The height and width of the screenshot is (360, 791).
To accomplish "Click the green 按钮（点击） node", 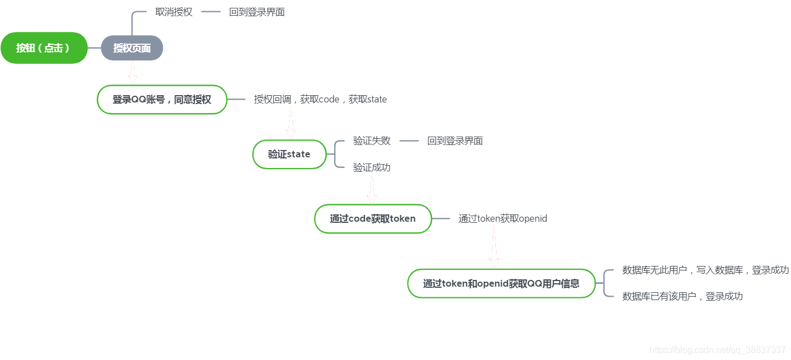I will coord(44,48).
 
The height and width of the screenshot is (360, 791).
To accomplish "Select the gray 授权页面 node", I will coord(132,48).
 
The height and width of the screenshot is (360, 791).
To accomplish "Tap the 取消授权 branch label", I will coord(174,12).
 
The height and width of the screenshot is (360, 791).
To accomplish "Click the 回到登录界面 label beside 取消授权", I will coord(256,12).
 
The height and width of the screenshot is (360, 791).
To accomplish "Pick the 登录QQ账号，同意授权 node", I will coord(162,100).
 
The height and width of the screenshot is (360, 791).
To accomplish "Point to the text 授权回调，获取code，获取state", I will coord(320,99).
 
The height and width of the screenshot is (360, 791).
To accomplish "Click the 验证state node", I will coord(289,154).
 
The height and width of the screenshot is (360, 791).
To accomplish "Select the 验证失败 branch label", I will coord(372,141).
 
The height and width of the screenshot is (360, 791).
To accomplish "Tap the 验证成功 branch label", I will coord(372,167).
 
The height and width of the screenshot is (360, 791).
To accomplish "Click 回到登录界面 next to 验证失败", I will coord(455,141).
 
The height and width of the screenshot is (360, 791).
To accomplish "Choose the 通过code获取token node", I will coord(373,218).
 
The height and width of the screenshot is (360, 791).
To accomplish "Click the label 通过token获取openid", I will coord(503,218).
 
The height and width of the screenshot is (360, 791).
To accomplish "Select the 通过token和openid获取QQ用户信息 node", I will coord(501,283).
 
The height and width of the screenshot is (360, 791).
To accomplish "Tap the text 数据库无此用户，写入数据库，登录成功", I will coord(705,270).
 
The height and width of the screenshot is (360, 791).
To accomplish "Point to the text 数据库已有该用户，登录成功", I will coord(682,296).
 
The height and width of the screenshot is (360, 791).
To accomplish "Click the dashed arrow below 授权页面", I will coord(133,72).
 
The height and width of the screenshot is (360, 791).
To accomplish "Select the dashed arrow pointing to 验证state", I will coord(290,124).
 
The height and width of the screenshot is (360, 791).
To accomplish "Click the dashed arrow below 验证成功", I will coord(372,189).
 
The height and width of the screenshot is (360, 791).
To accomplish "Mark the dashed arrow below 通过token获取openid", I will coord(494,247).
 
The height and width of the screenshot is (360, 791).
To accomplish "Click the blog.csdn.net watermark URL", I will coord(717,350).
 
